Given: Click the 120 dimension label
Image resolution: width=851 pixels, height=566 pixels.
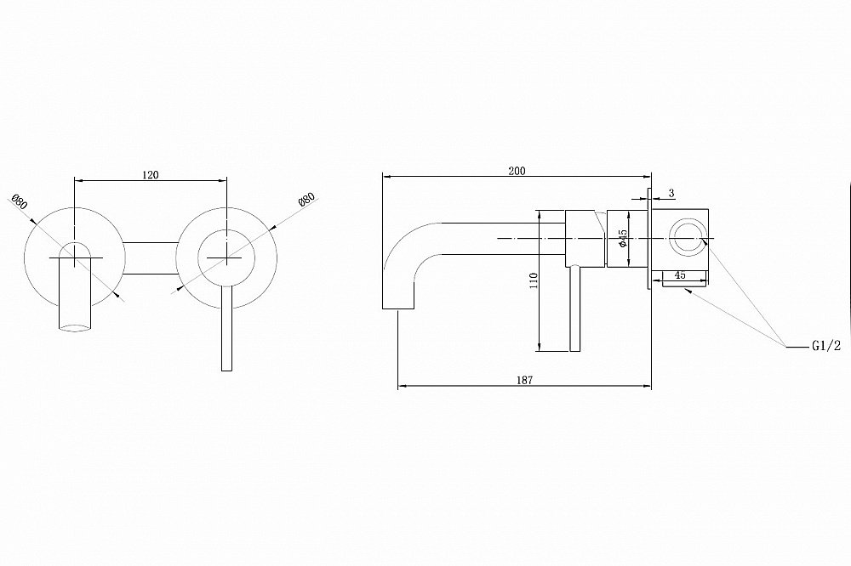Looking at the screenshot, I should (x=150, y=174).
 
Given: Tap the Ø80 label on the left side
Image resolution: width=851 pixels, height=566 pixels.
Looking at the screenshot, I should (x=20, y=205).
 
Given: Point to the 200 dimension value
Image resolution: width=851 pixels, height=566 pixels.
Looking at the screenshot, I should (x=517, y=171).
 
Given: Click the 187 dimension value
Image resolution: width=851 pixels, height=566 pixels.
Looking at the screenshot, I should (x=524, y=380).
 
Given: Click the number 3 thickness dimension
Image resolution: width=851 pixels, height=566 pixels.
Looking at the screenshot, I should (x=671, y=195).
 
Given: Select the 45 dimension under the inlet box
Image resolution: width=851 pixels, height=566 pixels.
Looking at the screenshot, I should (x=680, y=275).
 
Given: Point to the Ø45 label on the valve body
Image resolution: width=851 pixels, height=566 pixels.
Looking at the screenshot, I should (x=623, y=238).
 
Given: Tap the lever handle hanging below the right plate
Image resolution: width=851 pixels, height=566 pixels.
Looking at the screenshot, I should (x=226, y=331).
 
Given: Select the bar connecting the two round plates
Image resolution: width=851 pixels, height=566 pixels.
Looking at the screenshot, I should (x=150, y=258).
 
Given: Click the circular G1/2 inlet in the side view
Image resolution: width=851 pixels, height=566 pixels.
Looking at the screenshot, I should (x=686, y=238).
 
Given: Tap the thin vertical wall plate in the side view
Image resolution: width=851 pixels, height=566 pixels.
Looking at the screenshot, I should (x=649, y=239).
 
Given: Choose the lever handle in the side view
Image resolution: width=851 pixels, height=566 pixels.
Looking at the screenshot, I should (x=574, y=310).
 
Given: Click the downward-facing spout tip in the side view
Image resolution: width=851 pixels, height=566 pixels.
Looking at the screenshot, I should (x=397, y=302).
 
